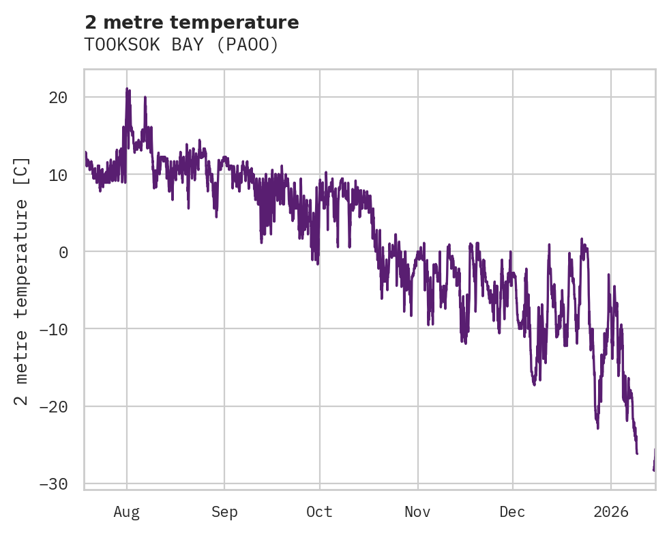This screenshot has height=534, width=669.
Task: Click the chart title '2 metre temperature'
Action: click(192, 23)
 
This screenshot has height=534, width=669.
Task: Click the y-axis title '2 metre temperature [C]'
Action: click(22, 280)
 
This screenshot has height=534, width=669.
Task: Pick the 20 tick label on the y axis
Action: click(58, 97)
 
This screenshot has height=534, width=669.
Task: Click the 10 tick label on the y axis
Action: click(58, 174)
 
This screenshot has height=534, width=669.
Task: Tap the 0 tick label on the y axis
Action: click(63, 252)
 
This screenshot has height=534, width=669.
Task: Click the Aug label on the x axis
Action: click(127, 511)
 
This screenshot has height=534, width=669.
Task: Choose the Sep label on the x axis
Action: click(224, 511)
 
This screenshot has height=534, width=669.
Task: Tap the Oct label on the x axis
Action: click(319, 511)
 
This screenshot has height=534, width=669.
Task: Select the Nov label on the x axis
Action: click(417, 511)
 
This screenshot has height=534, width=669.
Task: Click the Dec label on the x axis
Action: click(512, 511)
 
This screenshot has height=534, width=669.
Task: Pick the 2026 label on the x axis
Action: click(611, 511)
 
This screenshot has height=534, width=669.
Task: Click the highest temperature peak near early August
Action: click(127, 89)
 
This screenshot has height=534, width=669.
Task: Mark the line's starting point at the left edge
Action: click(85, 153)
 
